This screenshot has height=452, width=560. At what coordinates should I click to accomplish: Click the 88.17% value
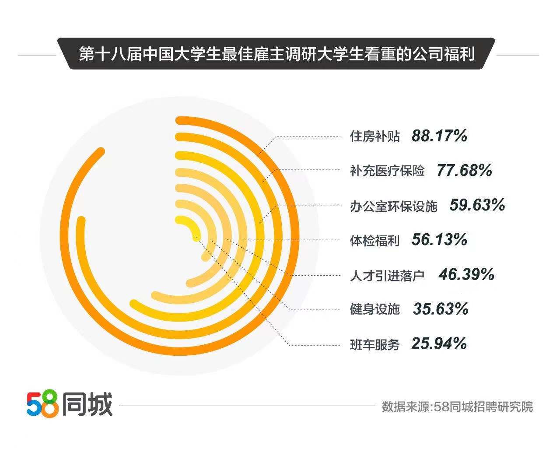pyautogui.click(x=439, y=136)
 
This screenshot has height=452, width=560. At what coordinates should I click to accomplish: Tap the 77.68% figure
pyautogui.click(x=464, y=170)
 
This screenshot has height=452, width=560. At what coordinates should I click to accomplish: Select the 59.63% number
pyautogui.click(x=477, y=205)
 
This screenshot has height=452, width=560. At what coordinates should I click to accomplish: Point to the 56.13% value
pyautogui.click(x=439, y=240)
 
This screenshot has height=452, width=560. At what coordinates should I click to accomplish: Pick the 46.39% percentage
pyautogui.click(x=466, y=275)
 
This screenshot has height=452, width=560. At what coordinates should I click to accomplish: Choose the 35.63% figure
pyautogui.click(x=441, y=309)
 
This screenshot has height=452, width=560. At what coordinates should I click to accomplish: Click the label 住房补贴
pyautogui.click(x=375, y=137)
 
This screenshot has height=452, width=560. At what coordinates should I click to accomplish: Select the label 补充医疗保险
pyautogui.click(x=387, y=171)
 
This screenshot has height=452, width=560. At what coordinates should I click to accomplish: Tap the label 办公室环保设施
pyautogui.click(x=393, y=206)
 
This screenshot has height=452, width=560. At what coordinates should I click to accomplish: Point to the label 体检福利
pyautogui.click(x=375, y=240)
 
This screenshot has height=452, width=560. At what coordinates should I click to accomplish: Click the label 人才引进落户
pyautogui.click(x=387, y=275)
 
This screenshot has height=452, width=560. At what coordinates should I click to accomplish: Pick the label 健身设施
pyautogui.click(x=375, y=309)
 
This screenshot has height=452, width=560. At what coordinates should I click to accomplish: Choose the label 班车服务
pyautogui.click(x=375, y=344)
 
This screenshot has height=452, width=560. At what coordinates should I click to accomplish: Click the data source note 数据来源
pyautogui.click(x=457, y=406)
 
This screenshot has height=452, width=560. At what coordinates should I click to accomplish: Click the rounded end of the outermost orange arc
pyautogui.click(x=101, y=152)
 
